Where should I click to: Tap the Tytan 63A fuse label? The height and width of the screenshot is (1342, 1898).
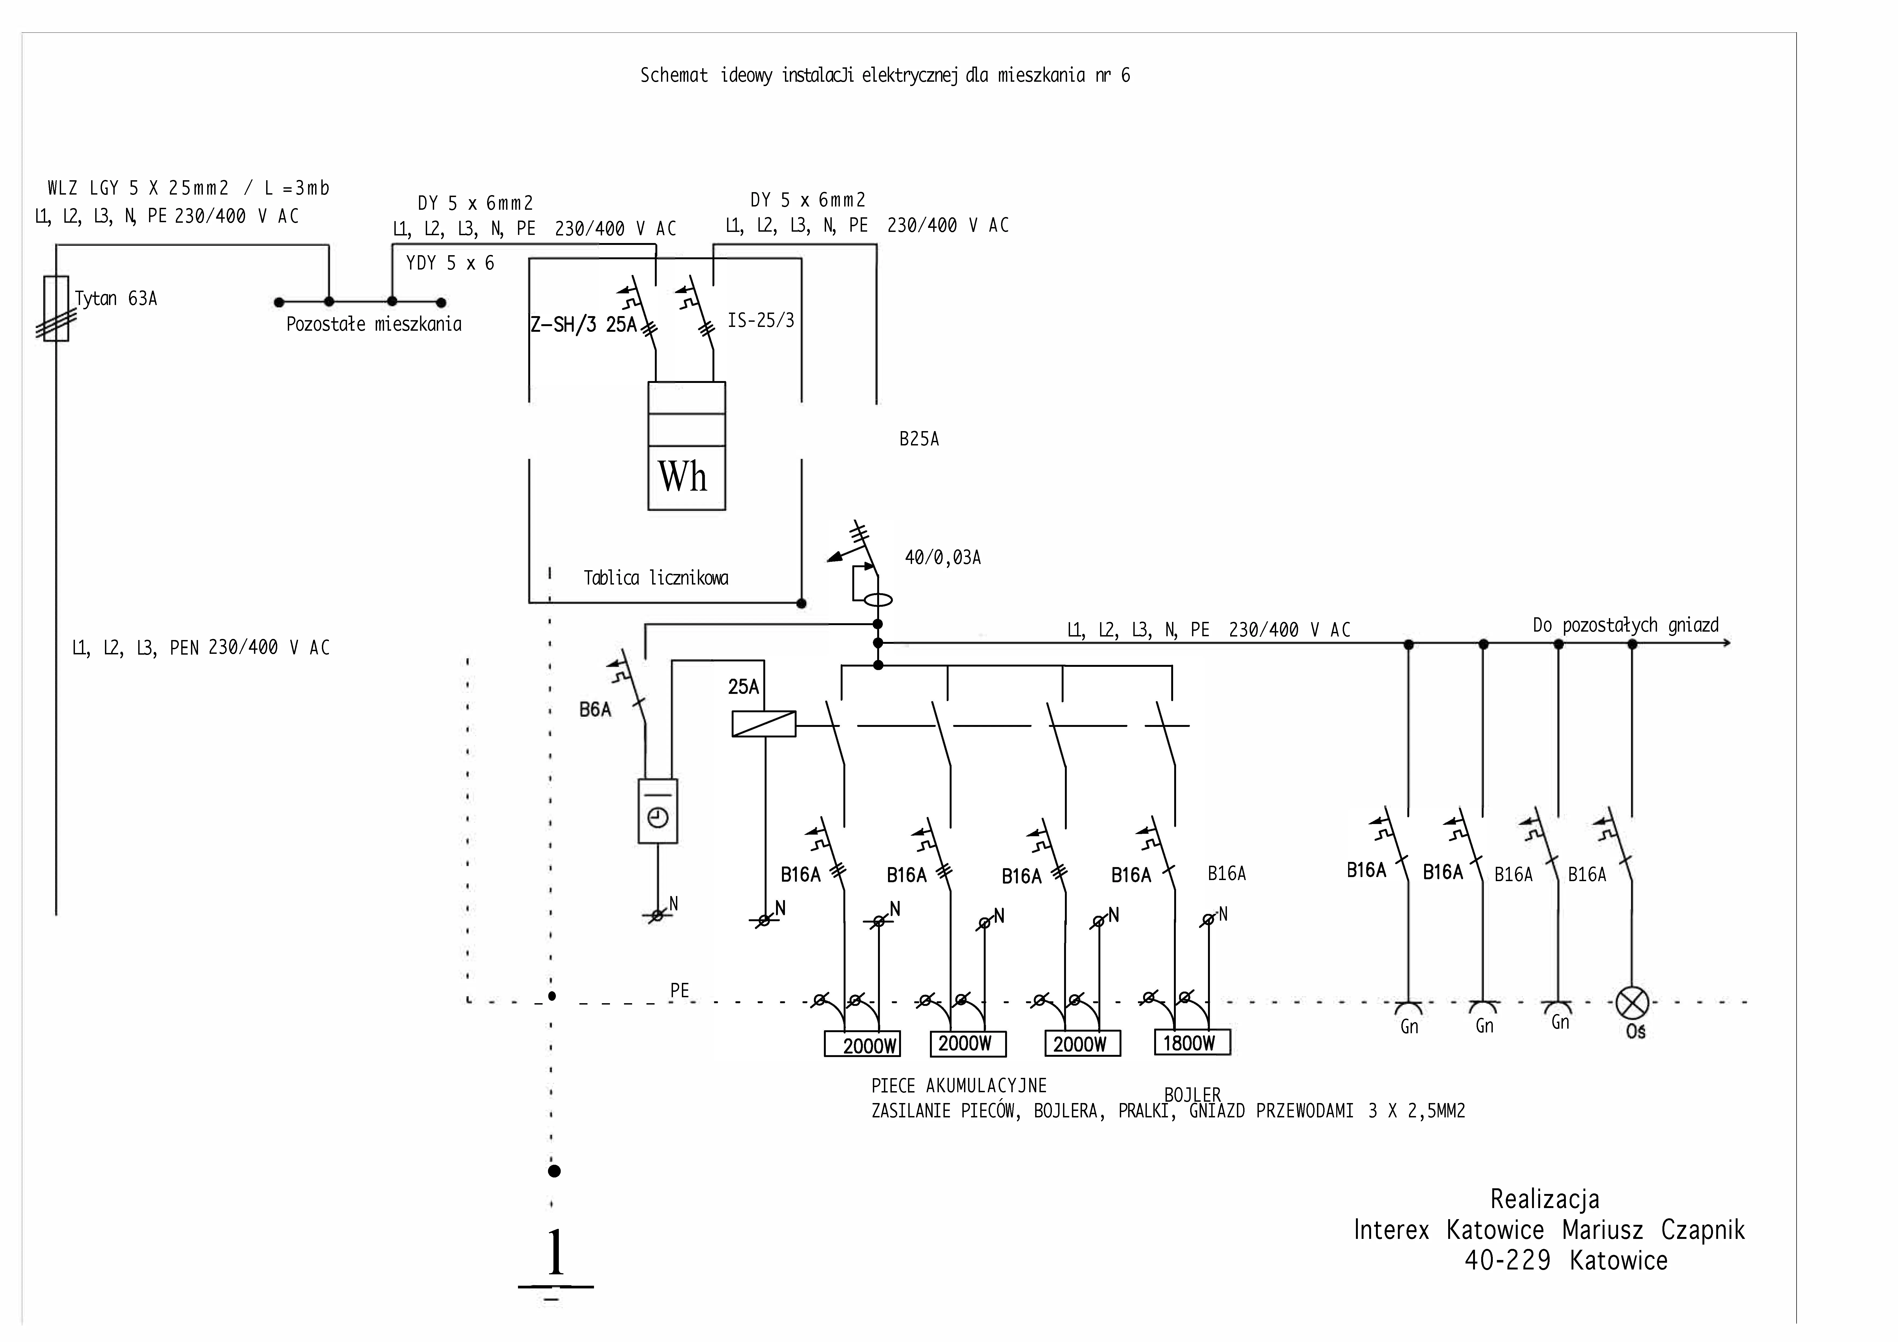(x=116, y=298)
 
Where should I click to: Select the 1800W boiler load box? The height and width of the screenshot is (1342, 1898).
(x=1192, y=1043)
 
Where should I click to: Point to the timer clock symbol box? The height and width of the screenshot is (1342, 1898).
(x=658, y=811)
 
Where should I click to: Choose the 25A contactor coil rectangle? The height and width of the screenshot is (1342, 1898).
(x=764, y=724)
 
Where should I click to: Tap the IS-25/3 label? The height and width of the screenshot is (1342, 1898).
(x=761, y=320)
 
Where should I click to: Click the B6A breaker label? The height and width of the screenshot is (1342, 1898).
(x=595, y=710)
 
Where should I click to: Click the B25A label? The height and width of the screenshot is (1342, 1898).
(x=919, y=439)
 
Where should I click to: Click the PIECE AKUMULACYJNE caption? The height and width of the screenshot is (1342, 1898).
(x=959, y=1086)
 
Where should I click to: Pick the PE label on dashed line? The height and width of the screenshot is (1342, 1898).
(x=679, y=990)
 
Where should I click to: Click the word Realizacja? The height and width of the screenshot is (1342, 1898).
(x=1544, y=1199)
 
